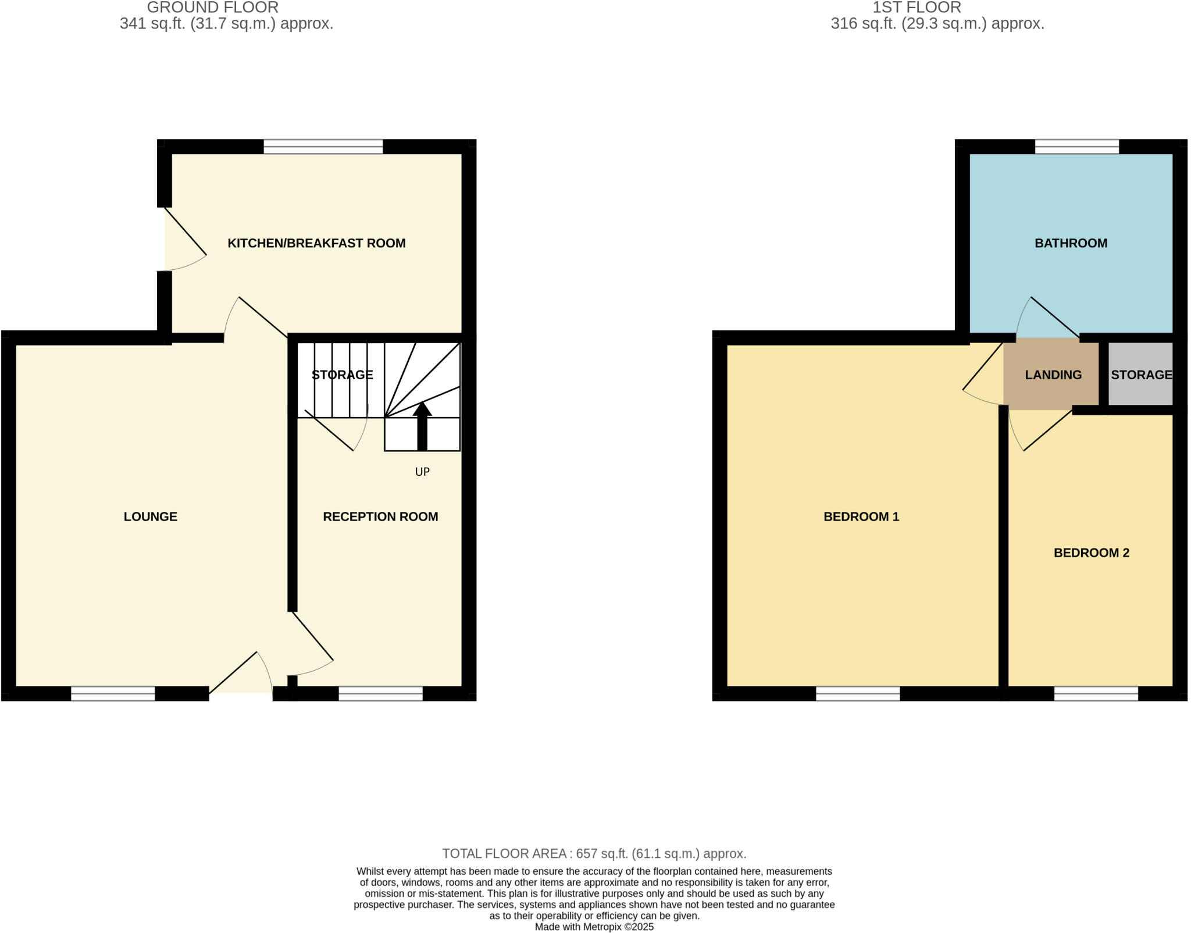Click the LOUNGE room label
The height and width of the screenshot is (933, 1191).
[x=150, y=517]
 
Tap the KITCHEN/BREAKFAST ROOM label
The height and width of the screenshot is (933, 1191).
[x=316, y=243]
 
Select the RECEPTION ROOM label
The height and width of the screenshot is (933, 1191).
[x=380, y=517]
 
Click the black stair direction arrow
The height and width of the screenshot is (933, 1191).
[x=422, y=426]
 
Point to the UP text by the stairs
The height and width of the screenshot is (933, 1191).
[x=422, y=472]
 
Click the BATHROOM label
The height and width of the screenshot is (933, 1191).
[x=1071, y=243]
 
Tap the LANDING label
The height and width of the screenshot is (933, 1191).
[x=1053, y=375]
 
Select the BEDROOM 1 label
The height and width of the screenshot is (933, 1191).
[x=861, y=517]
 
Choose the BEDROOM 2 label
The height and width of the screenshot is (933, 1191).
[x=1092, y=553]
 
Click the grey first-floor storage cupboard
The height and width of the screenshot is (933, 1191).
[x=1140, y=374]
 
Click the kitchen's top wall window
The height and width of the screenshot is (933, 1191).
[x=323, y=147]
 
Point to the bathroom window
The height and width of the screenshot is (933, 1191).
[x=1077, y=147]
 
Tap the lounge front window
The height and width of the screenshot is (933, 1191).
[x=113, y=693]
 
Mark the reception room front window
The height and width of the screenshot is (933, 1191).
[x=380, y=693]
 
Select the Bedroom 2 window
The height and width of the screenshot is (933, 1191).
[x=1096, y=693]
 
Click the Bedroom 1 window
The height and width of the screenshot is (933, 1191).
[x=858, y=693]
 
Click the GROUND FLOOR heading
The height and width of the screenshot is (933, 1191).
[x=213, y=8]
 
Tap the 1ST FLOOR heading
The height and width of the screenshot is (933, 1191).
[x=917, y=8]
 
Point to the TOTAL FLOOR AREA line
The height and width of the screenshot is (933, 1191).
[x=594, y=853]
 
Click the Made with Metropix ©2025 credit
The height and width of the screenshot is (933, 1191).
[x=594, y=927]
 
